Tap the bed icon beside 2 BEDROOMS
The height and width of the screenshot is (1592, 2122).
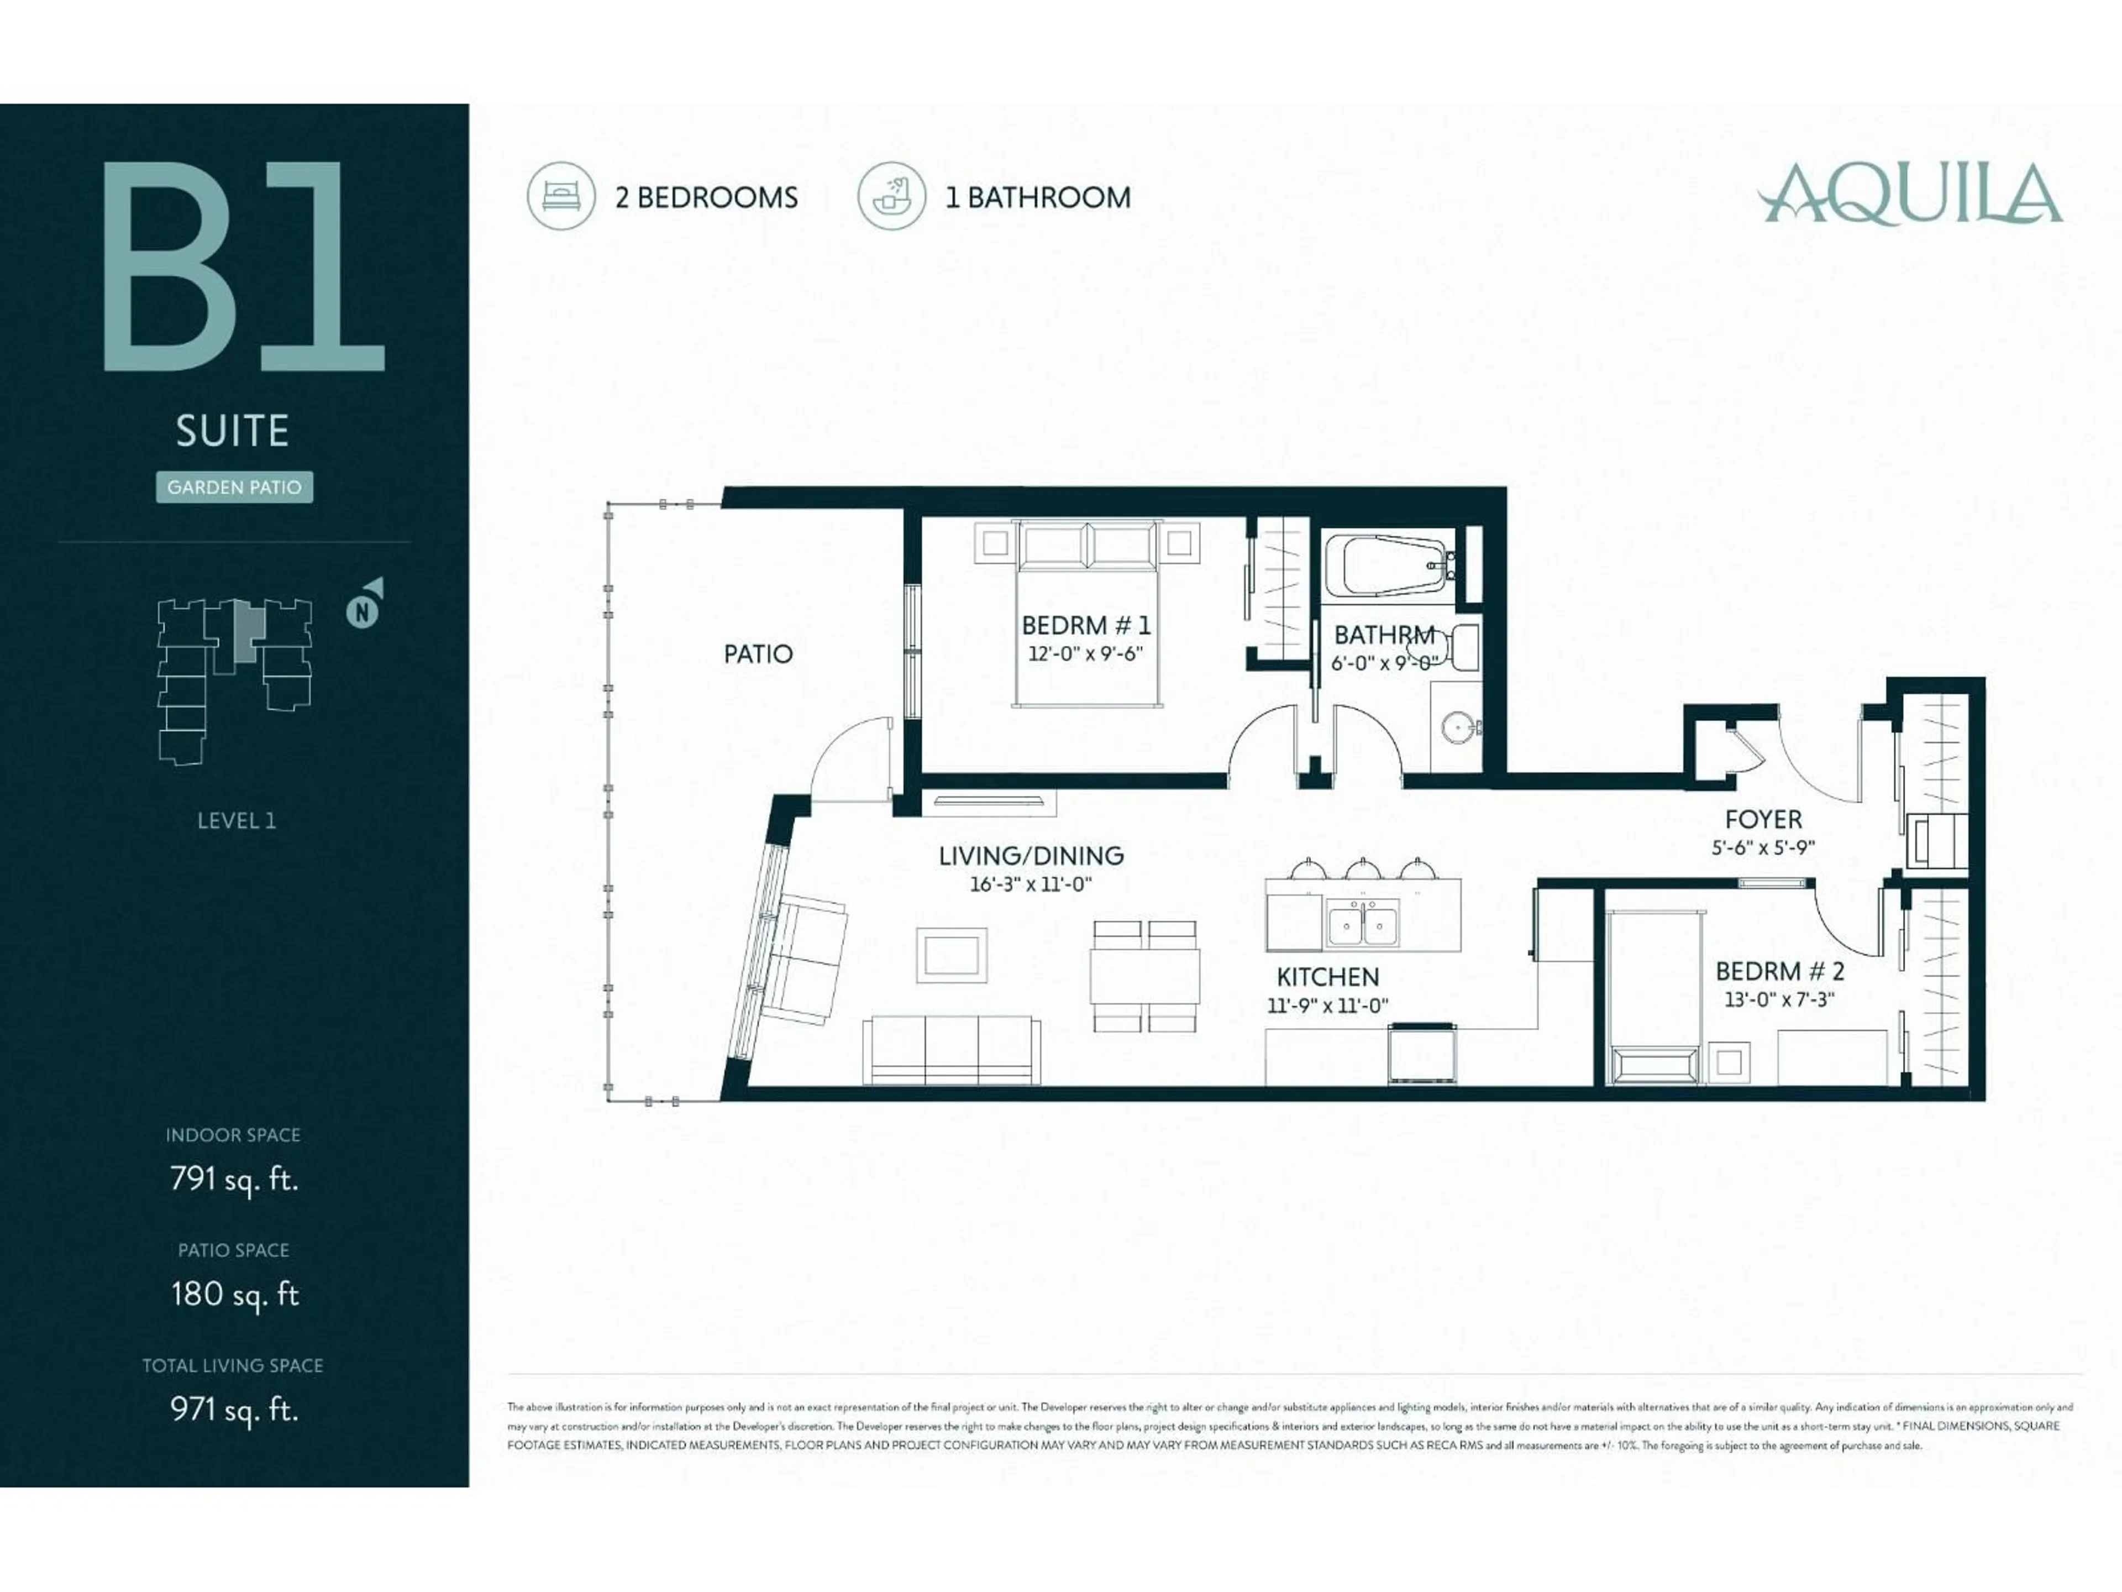[561, 196]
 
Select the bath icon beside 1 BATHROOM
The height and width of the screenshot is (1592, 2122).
[891, 196]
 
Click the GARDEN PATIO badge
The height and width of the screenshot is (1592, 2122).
[234, 488]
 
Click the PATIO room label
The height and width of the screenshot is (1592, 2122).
[758, 654]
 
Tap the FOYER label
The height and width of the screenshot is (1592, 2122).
[1763, 820]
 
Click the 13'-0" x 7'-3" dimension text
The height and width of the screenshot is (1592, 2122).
[1779, 999]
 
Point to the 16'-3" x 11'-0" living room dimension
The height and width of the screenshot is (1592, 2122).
[1030, 884]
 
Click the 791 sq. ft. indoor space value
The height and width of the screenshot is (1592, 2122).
[234, 1179]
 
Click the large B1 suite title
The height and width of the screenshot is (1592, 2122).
[244, 267]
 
